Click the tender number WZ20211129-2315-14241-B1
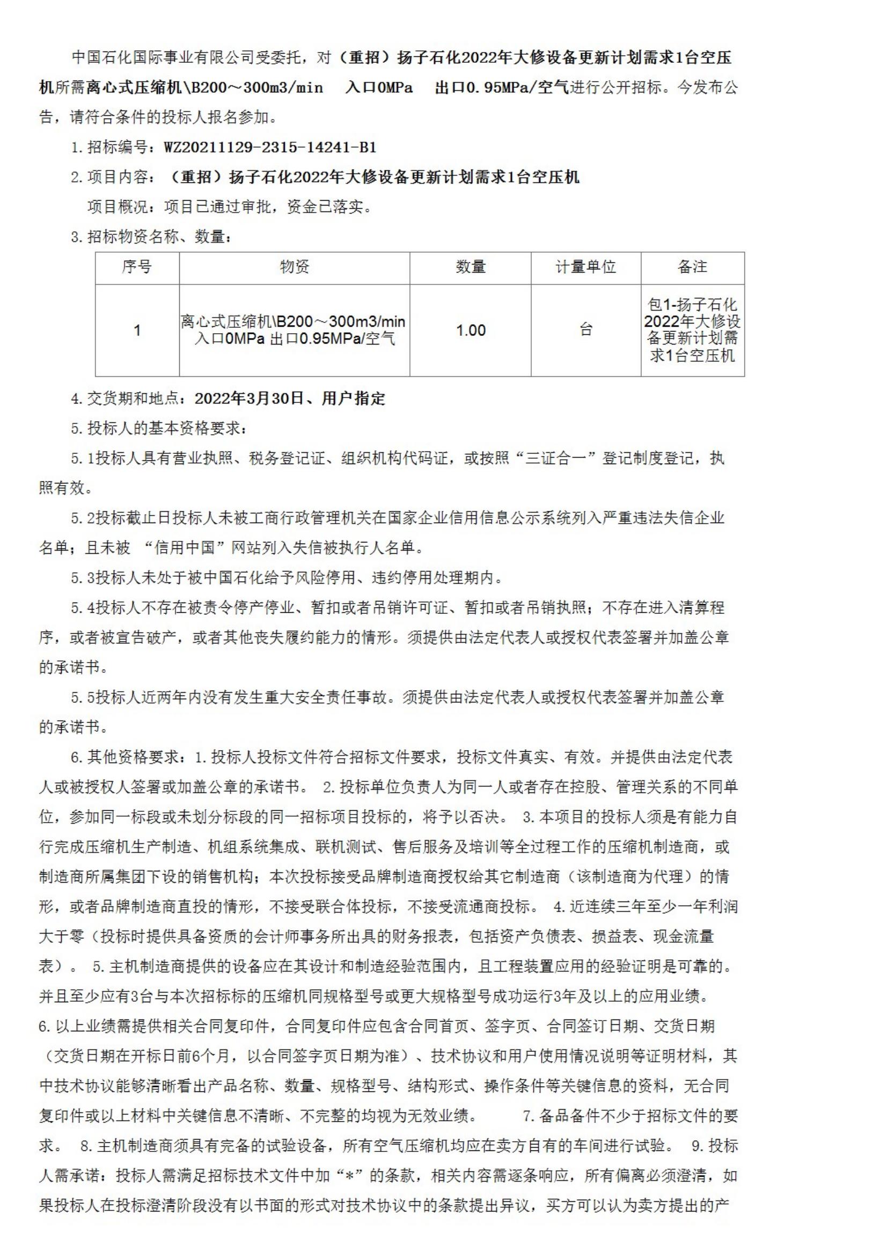(270, 148)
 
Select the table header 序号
(137, 267)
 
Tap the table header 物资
(295, 267)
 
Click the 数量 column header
(471, 267)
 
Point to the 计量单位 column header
(585, 267)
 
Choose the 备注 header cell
(692, 267)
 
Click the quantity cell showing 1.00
(471, 330)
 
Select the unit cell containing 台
(585, 330)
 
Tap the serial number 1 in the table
(137, 330)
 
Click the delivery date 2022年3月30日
(248, 399)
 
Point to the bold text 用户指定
(354, 399)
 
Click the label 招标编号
(118, 148)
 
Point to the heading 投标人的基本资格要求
(164, 429)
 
